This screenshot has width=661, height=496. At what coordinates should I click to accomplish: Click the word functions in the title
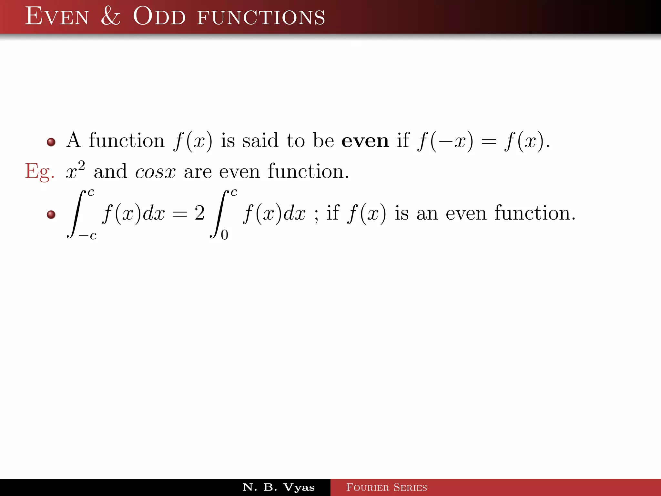(261, 17)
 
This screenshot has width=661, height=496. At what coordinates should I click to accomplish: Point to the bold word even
(365, 141)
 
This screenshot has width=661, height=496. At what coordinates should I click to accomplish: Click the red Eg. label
(39, 171)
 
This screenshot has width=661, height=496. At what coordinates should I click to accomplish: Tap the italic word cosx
(155, 172)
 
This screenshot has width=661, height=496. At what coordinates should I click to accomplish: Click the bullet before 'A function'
(51, 142)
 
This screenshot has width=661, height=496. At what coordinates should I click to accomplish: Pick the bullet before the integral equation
(51, 214)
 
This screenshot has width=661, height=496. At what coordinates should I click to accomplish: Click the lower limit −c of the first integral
(88, 236)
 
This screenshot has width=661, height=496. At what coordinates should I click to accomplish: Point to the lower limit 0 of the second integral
(224, 235)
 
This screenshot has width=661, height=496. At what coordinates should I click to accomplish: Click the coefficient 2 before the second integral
(199, 213)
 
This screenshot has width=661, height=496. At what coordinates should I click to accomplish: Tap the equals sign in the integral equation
(179, 214)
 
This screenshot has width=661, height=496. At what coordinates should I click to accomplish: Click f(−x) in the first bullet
(445, 141)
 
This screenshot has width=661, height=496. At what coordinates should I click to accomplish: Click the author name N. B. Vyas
(278, 487)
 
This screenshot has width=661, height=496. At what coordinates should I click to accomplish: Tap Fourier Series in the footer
(386, 487)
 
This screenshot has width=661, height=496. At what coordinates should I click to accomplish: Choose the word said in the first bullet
(260, 141)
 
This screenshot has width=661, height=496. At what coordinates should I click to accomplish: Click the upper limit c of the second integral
(234, 193)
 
